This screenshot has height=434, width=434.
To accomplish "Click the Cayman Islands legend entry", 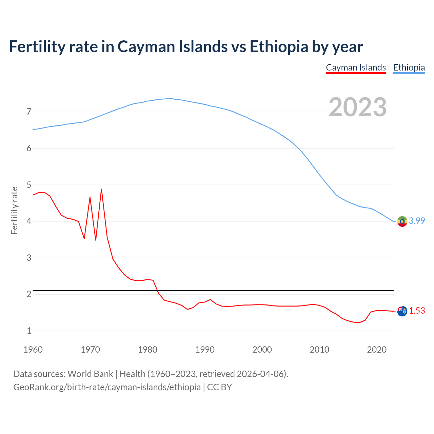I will tap(356, 68).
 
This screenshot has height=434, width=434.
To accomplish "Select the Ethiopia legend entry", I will tap(409, 68).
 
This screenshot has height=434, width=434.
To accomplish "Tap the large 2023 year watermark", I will tap(357, 107).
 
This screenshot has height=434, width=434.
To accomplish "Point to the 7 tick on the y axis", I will tap(29, 112).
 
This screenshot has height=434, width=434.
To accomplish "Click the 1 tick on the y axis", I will tap(29, 331).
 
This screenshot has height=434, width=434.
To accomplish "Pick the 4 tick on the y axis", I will tap(29, 221).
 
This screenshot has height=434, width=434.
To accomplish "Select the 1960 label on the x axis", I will tap(33, 350).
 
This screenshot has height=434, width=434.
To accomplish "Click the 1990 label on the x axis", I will tap(205, 350).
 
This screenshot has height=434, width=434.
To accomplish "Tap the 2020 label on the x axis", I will tap(377, 350).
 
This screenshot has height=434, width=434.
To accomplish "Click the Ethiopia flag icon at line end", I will tap(402, 221).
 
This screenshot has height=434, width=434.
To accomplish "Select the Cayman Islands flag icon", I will tap(402, 311).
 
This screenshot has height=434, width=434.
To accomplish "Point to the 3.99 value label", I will tap(417, 221).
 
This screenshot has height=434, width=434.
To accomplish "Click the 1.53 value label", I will tap(417, 311).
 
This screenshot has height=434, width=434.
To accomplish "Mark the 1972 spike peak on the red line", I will tap(101, 189).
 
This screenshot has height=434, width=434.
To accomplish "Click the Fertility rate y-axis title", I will tap(14, 210).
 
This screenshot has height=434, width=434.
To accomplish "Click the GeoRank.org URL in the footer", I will tap(107, 387).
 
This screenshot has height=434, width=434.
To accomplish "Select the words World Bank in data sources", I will tap(90, 374).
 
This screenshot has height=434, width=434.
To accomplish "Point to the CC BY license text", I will tap(219, 387).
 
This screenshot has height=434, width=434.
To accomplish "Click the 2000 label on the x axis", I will tap(262, 350).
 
